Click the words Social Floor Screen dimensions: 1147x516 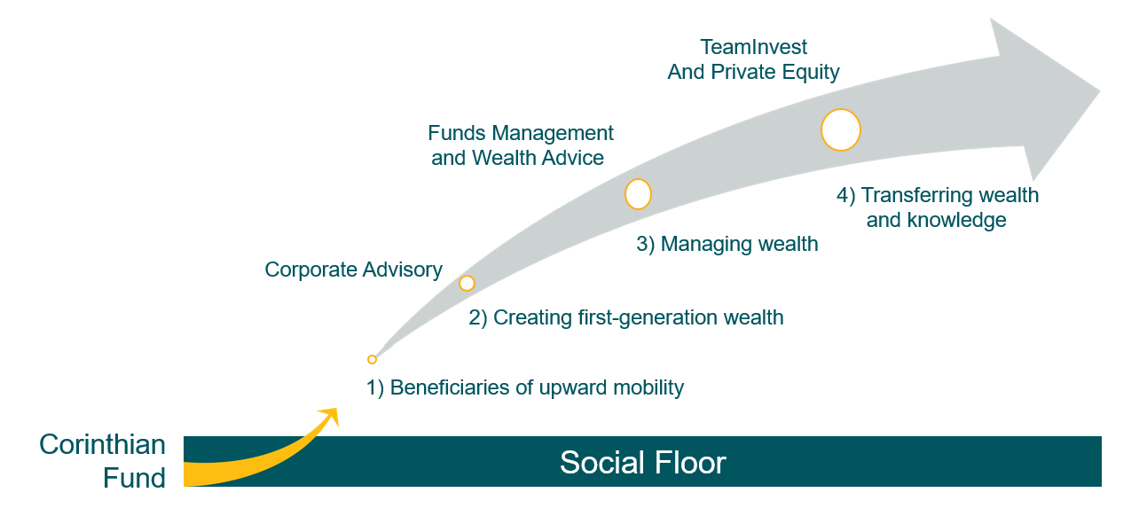click(643, 463)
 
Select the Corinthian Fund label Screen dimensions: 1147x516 click(102, 461)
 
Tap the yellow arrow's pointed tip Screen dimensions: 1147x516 click(337, 409)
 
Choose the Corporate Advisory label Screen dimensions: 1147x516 click(353, 270)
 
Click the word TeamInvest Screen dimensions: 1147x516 click(754, 47)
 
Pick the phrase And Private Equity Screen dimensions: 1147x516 click(753, 72)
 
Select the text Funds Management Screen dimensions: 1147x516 click(521, 133)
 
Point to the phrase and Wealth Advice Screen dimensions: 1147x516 click(518, 158)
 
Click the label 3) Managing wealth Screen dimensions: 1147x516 click(727, 244)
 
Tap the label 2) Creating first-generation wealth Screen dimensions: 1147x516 click(626, 317)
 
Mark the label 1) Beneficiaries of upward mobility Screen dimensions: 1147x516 click(525, 387)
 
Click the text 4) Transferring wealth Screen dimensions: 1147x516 click(938, 195)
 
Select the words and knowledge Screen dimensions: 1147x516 click(937, 220)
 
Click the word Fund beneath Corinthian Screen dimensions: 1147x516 click(134, 478)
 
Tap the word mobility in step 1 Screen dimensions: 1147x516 click(648, 387)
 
